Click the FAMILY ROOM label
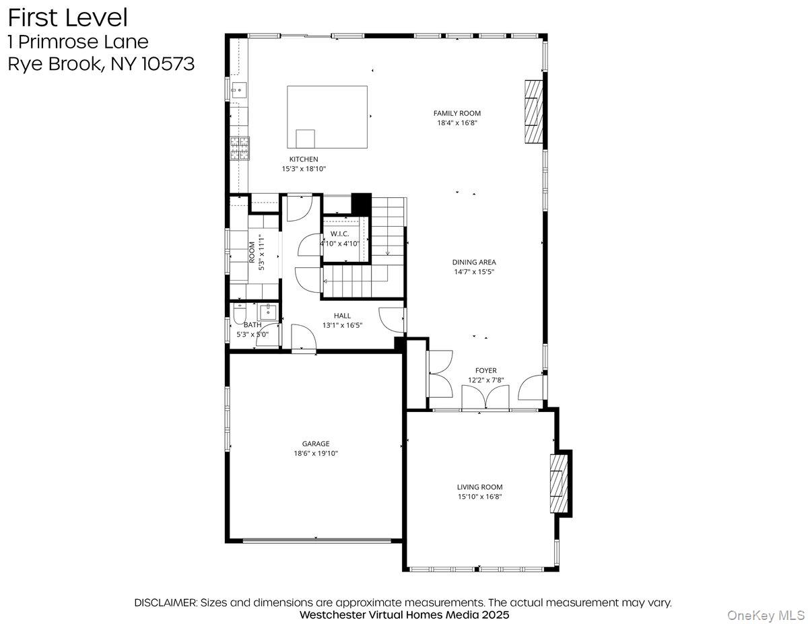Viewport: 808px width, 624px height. click(x=457, y=113)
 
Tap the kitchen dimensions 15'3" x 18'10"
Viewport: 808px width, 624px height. click(x=304, y=169)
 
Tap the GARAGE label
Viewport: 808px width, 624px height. click(x=315, y=444)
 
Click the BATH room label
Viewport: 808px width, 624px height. click(x=252, y=324)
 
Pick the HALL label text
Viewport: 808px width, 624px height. click(x=342, y=315)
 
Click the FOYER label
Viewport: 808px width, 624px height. click(x=485, y=370)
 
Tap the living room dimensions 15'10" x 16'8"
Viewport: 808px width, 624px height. click(x=479, y=497)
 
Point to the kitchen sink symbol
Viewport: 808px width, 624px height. click(x=238, y=90)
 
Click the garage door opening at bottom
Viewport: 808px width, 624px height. click(x=316, y=539)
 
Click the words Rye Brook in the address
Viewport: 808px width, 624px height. click(x=53, y=64)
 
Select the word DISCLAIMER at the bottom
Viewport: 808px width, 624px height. click(x=166, y=602)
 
